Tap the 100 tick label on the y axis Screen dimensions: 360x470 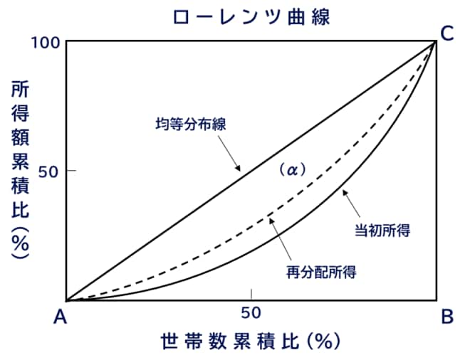(45, 42)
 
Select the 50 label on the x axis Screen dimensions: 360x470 (251, 312)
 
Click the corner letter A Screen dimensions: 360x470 (60, 317)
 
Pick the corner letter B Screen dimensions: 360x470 (446, 317)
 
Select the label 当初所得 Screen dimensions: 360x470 (385, 231)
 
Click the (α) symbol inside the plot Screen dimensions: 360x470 (291, 170)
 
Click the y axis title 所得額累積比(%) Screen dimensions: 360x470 (20, 168)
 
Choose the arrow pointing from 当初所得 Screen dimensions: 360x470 (357, 206)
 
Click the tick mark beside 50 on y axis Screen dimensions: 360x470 (71, 171)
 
